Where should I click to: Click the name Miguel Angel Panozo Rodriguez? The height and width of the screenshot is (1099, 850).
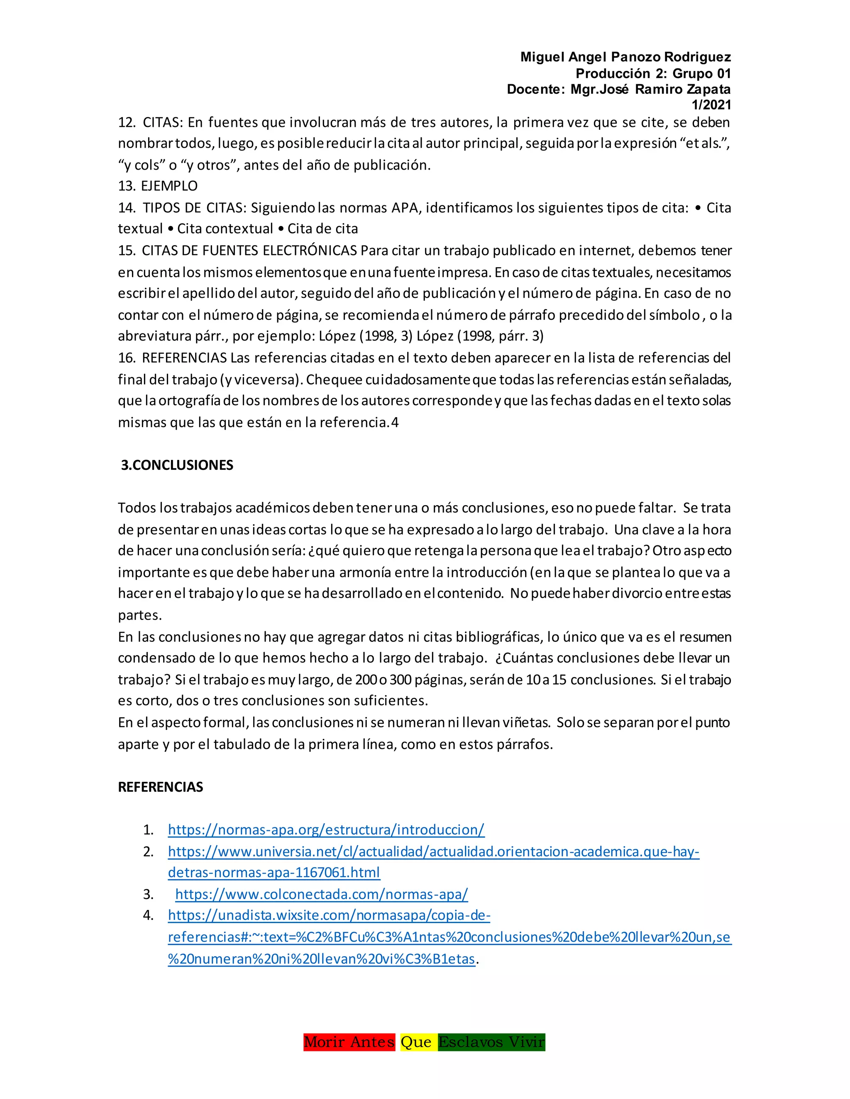(625, 57)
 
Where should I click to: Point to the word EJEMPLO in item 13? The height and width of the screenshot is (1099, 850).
(169, 186)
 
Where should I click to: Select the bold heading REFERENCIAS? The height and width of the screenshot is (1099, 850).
(160, 786)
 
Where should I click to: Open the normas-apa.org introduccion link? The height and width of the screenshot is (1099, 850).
(326, 829)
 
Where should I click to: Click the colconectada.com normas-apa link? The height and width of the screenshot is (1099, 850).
(321, 894)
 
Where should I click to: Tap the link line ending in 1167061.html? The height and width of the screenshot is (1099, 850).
(274, 872)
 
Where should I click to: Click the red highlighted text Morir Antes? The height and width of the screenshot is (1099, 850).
(349, 1042)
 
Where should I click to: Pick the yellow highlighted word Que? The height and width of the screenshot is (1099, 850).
(416, 1042)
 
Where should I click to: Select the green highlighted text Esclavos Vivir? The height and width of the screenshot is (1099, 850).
(491, 1042)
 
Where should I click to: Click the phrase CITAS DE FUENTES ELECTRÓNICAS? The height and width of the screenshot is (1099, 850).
(249, 250)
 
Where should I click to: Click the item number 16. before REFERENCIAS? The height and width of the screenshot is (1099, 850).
(127, 358)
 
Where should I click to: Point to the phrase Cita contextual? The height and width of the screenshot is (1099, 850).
(225, 229)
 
